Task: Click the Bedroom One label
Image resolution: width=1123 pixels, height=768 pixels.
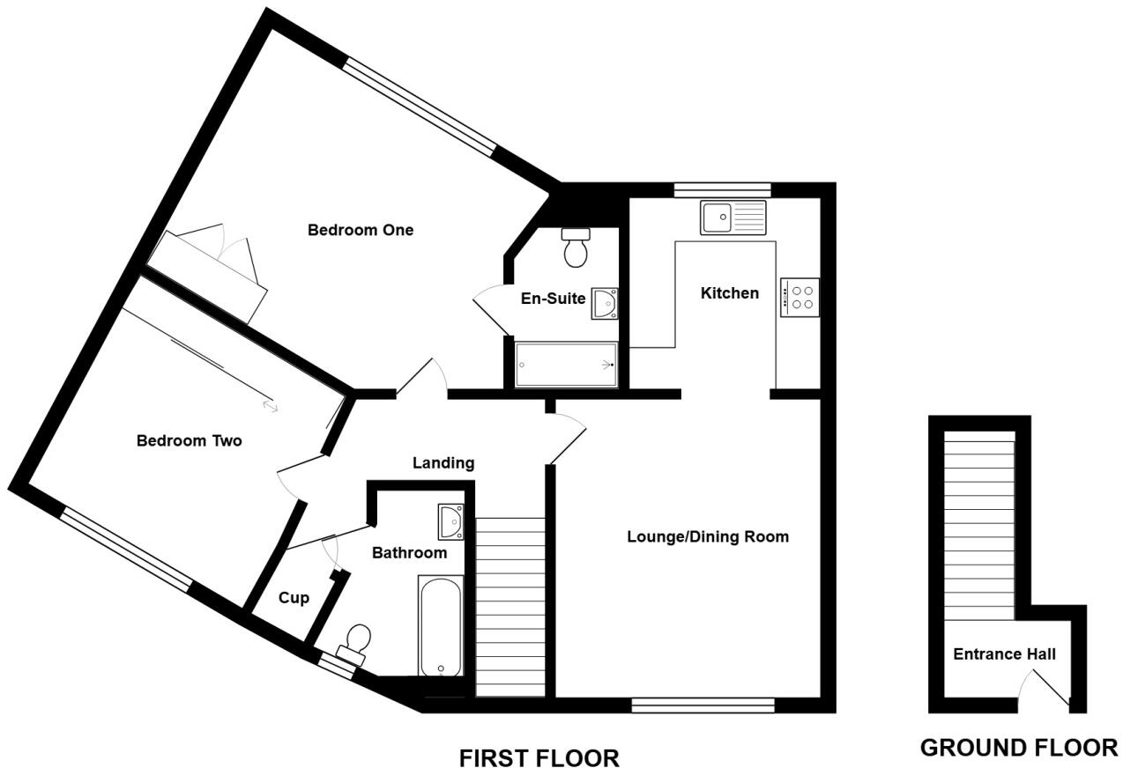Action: [x=360, y=230]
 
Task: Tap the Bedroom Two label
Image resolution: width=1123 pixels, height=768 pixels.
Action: [x=189, y=440]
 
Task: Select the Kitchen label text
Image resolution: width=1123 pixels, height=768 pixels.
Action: [x=729, y=293]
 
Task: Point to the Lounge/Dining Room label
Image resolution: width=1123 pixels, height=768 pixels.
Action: [x=707, y=536]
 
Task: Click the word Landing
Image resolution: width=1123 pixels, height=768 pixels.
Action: [x=444, y=462]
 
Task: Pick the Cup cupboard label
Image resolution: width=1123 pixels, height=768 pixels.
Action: [x=294, y=598]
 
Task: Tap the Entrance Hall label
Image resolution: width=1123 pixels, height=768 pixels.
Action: [x=1004, y=654]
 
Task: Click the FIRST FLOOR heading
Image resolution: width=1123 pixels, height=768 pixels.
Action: [x=539, y=757]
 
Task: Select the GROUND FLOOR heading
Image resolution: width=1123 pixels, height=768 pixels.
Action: [x=1018, y=748]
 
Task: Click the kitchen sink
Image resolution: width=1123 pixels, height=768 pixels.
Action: [x=734, y=218]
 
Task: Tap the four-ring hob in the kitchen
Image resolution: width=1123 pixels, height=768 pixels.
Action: [x=799, y=297]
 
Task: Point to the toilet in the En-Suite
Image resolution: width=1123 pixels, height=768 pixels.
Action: [x=576, y=247]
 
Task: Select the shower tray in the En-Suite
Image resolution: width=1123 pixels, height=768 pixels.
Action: [x=566, y=365]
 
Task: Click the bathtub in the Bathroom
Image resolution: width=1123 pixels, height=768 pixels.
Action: [x=441, y=626]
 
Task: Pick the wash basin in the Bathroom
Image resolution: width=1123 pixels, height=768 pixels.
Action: [x=450, y=521]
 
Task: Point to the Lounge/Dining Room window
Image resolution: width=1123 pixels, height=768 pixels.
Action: [x=703, y=705]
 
